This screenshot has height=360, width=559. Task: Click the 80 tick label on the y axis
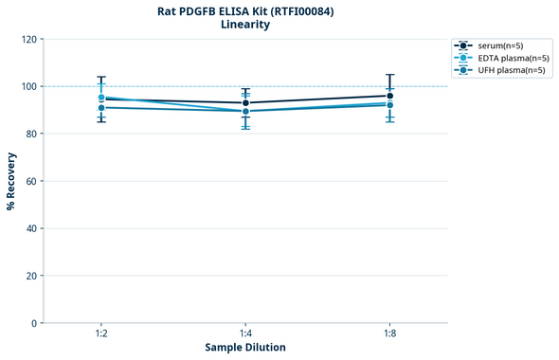[x=31, y=134]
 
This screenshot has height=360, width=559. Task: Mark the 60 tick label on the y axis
[x=31, y=181]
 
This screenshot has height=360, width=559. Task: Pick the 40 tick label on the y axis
[x=31, y=228]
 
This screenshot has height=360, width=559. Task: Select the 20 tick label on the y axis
[x=31, y=276]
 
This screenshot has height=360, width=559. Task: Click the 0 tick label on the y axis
[x=34, y=323]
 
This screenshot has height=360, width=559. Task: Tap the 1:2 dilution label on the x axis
[x=100, y=334]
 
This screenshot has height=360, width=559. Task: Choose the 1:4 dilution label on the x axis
[x=245, y=334]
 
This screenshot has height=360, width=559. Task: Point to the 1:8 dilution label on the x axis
[x=390, y=334]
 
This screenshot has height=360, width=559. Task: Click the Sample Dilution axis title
[x=245, y=348]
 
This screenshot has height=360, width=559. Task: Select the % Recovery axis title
[x=11, y=180]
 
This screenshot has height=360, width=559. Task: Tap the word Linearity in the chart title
[x=244, y=25]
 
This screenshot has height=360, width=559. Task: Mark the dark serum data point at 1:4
[x=245, y=103]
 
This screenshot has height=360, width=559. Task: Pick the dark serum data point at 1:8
[x=390, y=96]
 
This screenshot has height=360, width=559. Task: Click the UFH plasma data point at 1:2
[x=100, y=108]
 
